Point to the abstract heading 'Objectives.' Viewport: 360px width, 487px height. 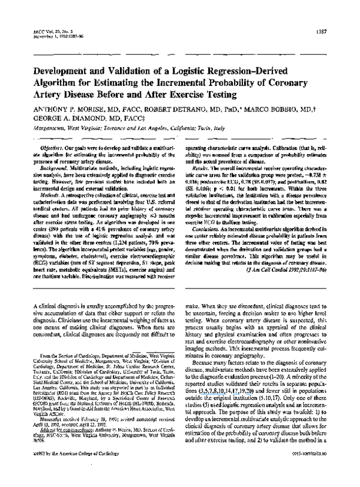pos(47,131)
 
